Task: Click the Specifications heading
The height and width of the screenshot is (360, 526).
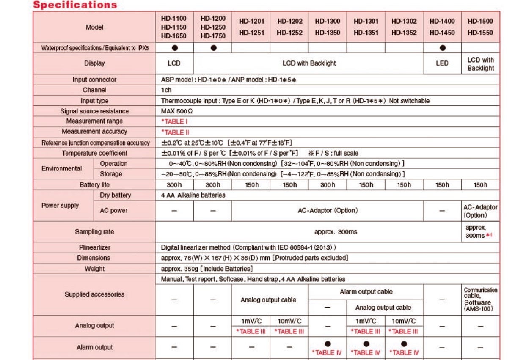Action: [75, 5]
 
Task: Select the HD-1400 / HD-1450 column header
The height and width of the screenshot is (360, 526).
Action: [442, 27]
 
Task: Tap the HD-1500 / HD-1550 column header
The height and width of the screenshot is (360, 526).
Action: [480, 27]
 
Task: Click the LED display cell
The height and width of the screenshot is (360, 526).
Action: [442, 63]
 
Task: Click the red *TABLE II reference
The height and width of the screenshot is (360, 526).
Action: [175, 132]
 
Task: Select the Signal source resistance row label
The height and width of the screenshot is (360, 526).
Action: [94, 111]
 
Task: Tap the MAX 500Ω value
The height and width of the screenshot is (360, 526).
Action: [177, 111]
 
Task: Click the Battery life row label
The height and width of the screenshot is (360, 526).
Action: [94, 185]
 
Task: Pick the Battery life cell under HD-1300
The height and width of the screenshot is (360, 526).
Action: [328, 185]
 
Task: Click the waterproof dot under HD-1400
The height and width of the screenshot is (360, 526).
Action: [443, 48]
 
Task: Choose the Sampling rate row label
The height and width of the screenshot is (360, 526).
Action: [94, 232]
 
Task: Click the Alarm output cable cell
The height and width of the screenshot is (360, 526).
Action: [366, 292]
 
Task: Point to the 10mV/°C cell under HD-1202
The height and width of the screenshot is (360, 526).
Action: [289, 322]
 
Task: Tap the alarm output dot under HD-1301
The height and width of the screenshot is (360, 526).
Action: [366, 344]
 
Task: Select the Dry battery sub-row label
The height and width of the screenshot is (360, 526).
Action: [116, 195]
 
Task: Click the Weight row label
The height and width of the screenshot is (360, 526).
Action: [94, 269]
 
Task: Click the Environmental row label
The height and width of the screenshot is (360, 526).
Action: [62, 169]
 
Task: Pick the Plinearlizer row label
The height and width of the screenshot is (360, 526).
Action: [94, 247]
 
